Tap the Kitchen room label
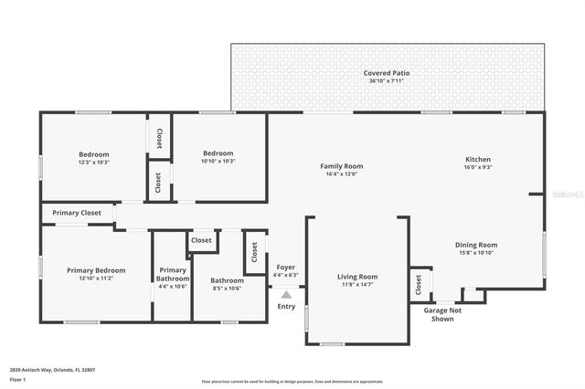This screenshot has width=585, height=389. coord(478,159)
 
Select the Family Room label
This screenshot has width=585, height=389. coord(341,166)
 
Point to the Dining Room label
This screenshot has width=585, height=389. coord(476,245)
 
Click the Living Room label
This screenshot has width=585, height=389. coord(357,277)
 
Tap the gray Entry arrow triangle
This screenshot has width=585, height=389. coord(286,295)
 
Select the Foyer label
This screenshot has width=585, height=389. coord(285,268)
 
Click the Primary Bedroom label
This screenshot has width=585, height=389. coord(96,270)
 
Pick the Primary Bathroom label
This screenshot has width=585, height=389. coord(173,274)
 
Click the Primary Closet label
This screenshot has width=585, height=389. coord(77,213)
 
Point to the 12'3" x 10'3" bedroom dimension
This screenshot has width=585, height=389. coord(93,162)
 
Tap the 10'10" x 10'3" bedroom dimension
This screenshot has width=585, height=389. coord(218,162)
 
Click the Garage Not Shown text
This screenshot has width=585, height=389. coord(441,315)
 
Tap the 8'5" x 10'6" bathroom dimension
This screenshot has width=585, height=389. coord(227,289)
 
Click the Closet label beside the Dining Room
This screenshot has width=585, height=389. coord(420,285)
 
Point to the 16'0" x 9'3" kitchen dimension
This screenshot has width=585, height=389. coord(478,167)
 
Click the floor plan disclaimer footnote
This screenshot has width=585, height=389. coord(292,382)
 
